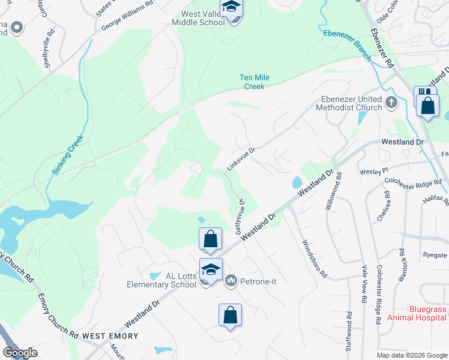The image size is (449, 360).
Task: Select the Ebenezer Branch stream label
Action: coord(347,46)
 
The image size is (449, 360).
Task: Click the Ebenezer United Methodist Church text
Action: coord(352,103)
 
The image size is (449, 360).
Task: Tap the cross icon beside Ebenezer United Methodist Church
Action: coord(391,102)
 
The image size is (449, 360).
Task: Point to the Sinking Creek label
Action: coord(68,155)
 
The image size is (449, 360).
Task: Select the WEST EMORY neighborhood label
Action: coord(110,336)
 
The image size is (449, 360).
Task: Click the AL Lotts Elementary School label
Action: coord(161,280)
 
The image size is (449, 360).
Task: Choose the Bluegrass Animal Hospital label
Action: coord(418,313)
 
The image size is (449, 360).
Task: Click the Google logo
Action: coord(20,353)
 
